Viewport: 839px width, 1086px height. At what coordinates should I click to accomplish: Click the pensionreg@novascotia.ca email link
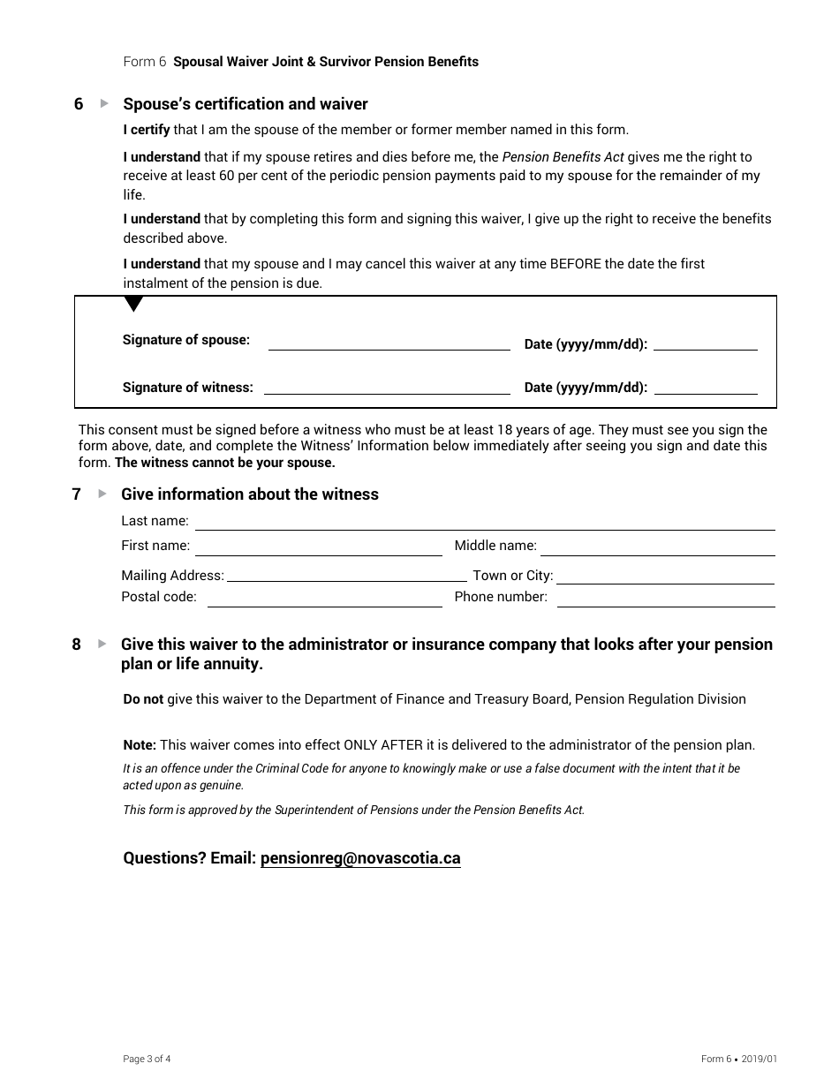click(x=360, y=858)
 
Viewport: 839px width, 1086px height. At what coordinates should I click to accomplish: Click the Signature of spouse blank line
click(x=389, y=345)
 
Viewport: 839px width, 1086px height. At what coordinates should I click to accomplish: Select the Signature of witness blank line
click(x=387, y=388)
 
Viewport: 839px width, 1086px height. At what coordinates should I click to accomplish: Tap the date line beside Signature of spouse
click(x=705, y=345)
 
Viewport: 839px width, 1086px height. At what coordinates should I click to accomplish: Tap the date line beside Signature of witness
click(x=705, y=388)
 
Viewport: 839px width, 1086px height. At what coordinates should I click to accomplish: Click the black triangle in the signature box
click(x=133, y=305)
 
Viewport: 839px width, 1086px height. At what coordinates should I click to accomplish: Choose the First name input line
click(x=318, y=550)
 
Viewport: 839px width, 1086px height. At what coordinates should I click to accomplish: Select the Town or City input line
click(x=665, y=578)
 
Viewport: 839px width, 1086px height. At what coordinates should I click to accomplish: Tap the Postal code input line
click(x=324, y=601)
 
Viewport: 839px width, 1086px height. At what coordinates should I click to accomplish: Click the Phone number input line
click(x=665, y=601)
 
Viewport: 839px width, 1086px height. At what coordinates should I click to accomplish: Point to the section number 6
click(x=79, y=104)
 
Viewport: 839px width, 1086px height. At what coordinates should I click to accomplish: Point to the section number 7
click(x=77, y=494)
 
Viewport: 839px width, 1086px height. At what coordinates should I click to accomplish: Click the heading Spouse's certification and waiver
click(x=246, y=104)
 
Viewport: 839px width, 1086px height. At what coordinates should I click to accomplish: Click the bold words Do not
click(x=143, y=699)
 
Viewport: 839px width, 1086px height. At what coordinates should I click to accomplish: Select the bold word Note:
click(x=140, y=745)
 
